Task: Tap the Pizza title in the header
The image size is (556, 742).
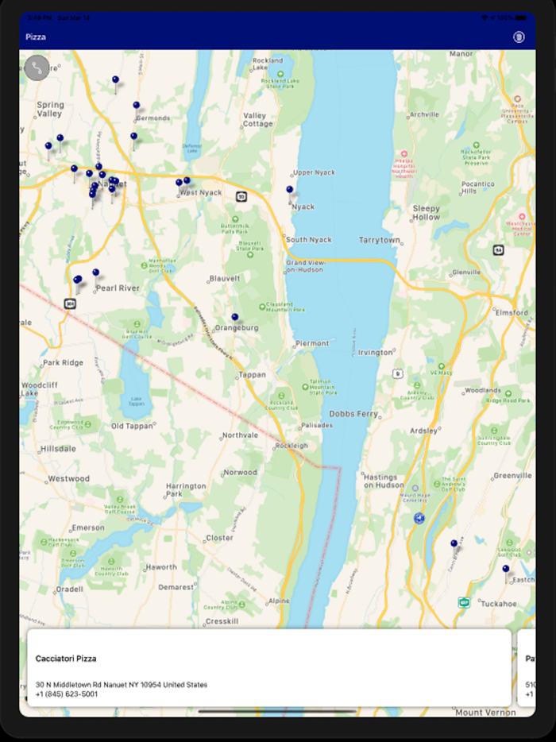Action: click(36, 37)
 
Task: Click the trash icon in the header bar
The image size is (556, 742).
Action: click(519, 37)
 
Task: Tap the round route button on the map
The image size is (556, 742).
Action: click(37, 68)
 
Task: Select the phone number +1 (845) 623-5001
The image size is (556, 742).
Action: click(67, 694)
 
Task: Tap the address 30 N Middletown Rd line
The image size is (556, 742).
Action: click(121, 684)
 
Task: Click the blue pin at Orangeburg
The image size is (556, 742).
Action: click(235, 317)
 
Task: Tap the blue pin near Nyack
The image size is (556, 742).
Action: click(290, 190)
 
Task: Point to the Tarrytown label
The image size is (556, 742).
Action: click(379, 240)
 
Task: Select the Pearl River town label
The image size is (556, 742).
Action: click(118, 288)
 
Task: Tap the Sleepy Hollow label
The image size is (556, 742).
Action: click(426, 212)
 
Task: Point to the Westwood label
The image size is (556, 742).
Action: click(69, 479)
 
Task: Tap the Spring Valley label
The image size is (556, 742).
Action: click(50, 109)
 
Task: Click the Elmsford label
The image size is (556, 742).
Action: click(512, 312)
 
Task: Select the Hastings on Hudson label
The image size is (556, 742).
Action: click(384, 480)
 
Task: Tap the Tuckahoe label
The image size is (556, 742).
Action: click(499, 604)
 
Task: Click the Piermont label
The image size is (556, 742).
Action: click(311, 343)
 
